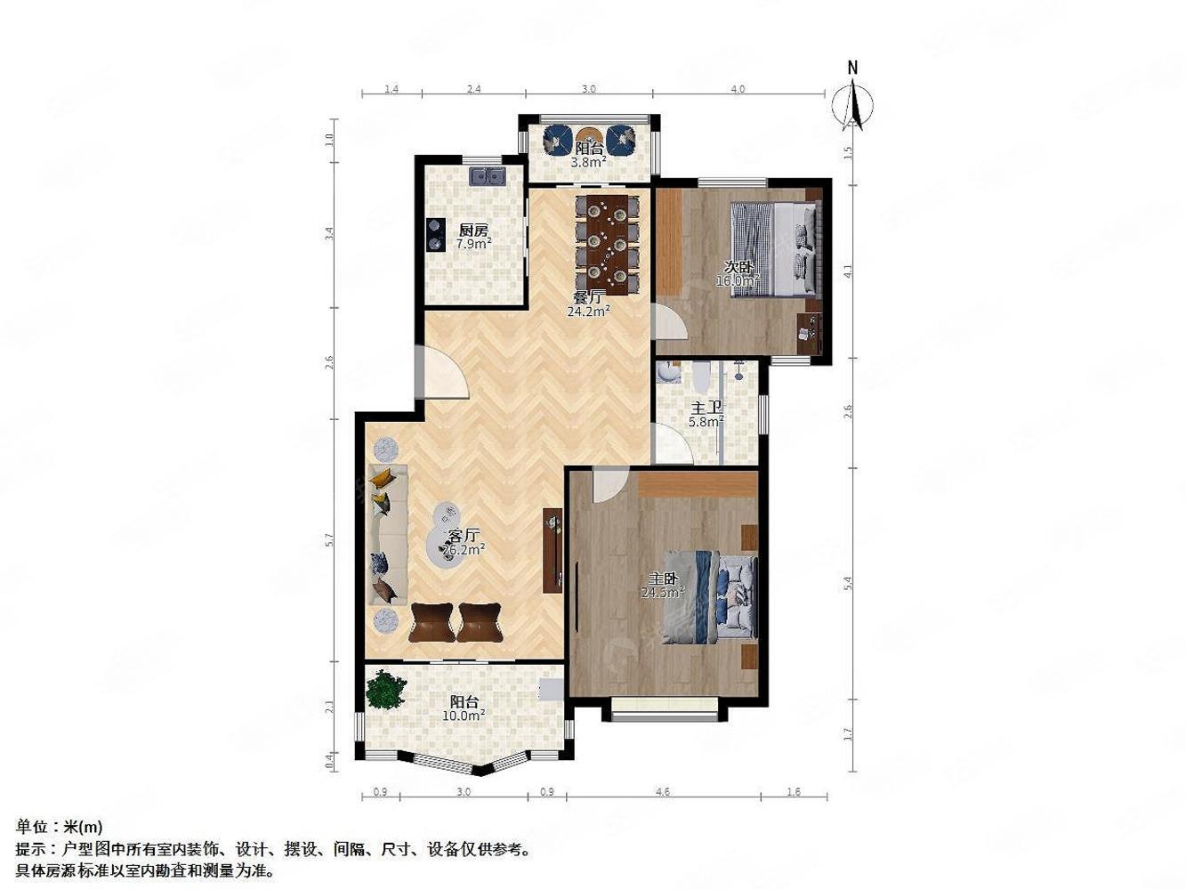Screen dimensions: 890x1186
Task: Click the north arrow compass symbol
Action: [852, 102]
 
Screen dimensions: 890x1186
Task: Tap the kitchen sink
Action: [487, 176]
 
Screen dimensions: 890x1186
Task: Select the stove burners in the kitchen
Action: [436, 235]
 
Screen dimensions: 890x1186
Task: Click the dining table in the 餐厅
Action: [608, 245]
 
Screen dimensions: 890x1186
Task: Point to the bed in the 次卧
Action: [775, 248]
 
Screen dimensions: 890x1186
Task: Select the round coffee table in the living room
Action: [449, 542]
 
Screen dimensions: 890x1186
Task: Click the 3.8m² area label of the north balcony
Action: [588, 163]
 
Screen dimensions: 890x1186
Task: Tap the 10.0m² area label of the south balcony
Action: [466, 715]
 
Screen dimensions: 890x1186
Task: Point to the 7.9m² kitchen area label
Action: [473, 243]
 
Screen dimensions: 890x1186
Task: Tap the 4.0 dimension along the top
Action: [738, 89]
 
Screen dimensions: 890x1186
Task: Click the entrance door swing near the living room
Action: [445, 374]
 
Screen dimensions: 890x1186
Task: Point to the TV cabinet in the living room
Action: [553, 549]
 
